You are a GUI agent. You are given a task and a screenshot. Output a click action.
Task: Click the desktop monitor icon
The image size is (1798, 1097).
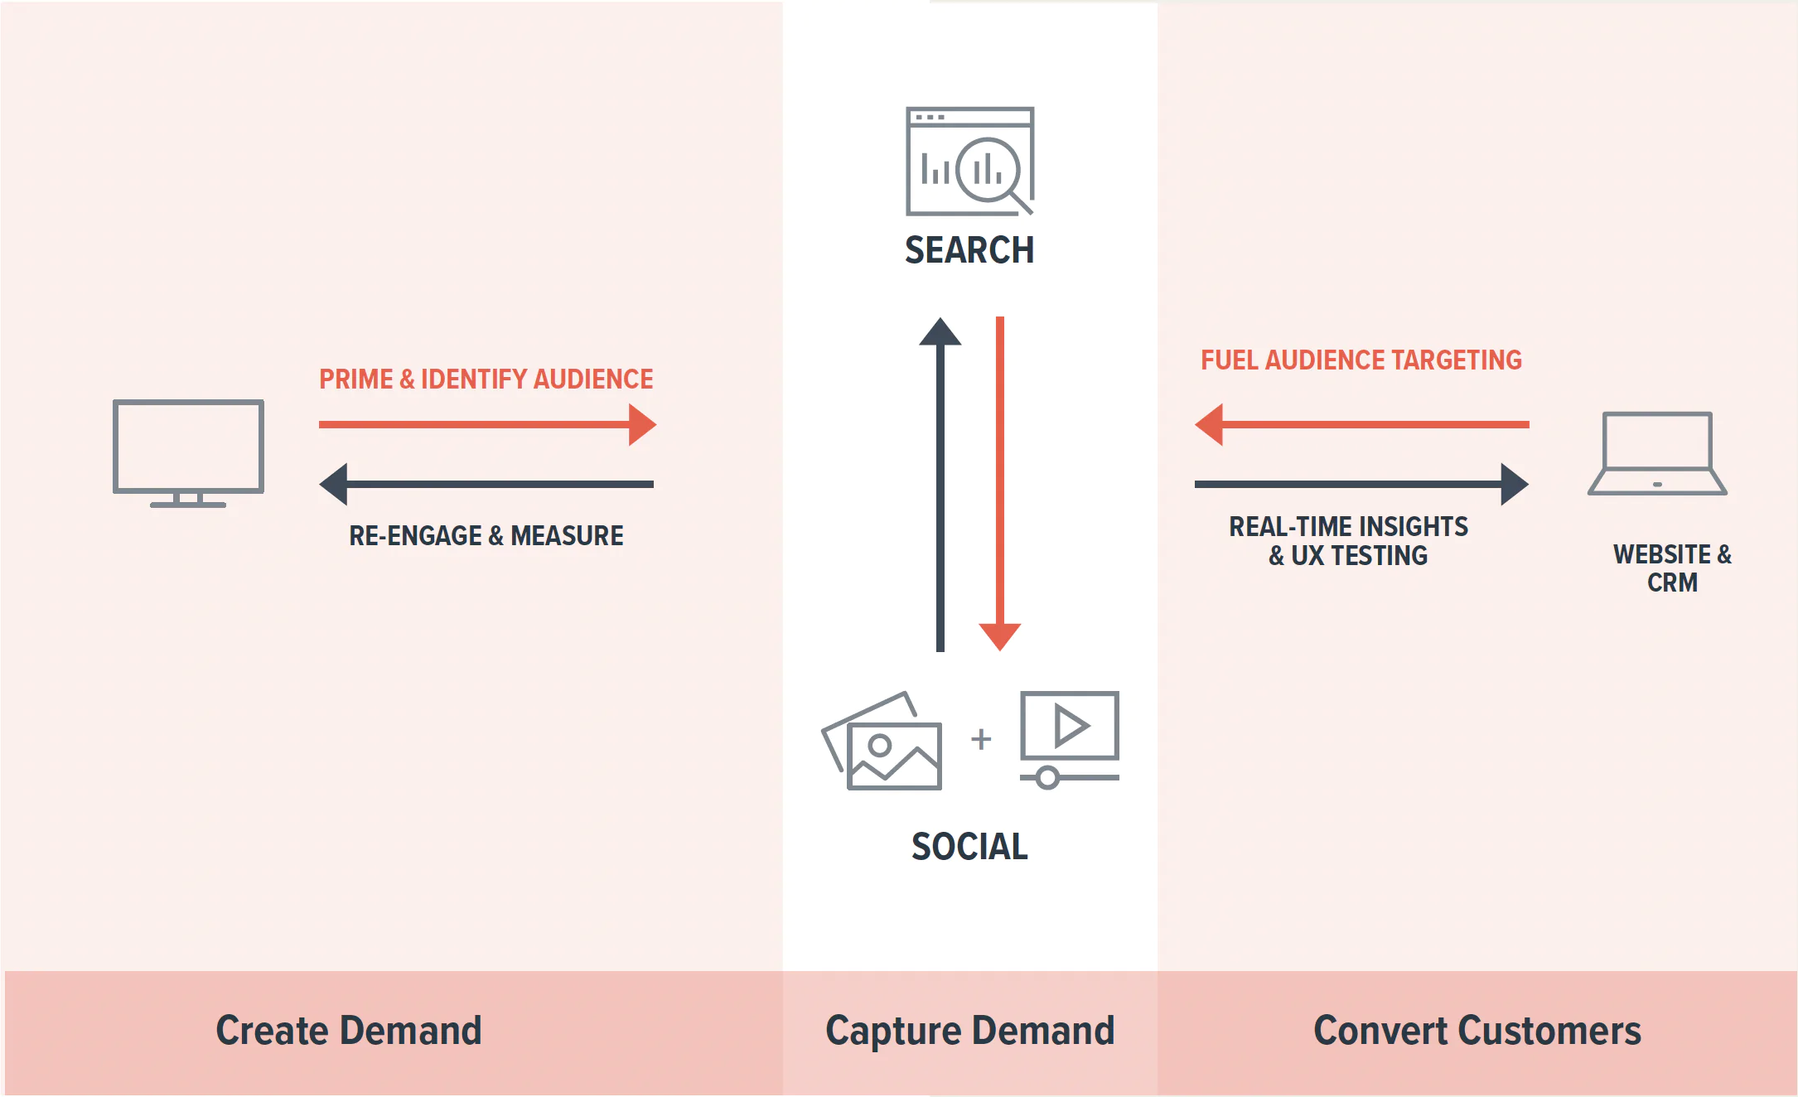[188, 452]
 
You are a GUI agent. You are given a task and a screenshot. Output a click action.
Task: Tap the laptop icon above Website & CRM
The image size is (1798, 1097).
[1657, 453]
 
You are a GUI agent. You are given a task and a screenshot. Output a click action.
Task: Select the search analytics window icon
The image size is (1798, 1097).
[969, 161]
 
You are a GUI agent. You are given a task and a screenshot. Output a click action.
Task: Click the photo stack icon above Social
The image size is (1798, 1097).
[882, 742]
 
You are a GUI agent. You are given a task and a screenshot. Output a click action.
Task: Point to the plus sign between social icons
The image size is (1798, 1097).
[981, 738]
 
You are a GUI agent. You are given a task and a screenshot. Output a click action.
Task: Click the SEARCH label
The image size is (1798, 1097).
[969, 250]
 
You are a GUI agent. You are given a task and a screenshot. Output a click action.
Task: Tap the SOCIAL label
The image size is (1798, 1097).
[969, 847]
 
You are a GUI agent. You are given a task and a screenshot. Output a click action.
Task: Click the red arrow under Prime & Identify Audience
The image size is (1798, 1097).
[487, 424]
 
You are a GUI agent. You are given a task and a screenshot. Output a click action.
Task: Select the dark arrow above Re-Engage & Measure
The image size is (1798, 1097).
[487, 484]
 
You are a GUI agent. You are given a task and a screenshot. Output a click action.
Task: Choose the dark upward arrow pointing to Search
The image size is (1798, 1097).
[940, 485]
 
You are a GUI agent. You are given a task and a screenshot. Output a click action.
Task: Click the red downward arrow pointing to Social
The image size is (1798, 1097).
[1000, 485]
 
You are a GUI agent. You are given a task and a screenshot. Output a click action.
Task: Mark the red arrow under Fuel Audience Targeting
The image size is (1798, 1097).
[1362, 424]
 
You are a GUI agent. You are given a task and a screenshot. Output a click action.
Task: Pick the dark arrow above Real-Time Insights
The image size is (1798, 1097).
[1362, 484]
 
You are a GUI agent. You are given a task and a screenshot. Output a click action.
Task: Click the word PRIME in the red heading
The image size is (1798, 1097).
[356, 379]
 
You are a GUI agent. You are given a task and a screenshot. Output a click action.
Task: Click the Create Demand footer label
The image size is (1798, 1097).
[349, 1031]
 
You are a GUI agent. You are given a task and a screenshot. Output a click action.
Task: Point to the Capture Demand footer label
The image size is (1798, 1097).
[969, 1031]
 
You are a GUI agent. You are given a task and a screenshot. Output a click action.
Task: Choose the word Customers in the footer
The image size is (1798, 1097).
[1549, 1031]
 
